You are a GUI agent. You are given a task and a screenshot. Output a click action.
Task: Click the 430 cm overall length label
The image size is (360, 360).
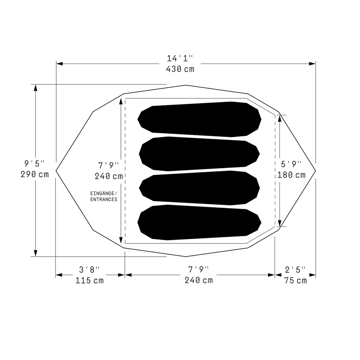tap(180, 69)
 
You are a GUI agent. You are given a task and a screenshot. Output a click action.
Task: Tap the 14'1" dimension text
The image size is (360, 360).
tap(180, 58)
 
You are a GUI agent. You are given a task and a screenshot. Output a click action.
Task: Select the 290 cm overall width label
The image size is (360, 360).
tap(35, 174)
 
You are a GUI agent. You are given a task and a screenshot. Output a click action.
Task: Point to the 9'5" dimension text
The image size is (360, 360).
tap(35, 164)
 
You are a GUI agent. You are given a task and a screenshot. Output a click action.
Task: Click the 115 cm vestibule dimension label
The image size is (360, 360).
tap(90, 280)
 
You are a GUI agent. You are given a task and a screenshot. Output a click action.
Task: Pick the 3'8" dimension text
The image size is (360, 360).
tap(90, 270)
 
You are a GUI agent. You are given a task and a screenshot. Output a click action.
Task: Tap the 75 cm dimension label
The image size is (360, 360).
tap(295, 280)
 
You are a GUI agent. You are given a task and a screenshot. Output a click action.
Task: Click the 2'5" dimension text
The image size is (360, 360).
tap(295, 270)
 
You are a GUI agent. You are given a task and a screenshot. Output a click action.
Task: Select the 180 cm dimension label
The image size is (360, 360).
tap(291, 175)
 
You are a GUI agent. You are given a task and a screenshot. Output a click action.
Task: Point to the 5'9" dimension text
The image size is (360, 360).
tap(291, 164)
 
